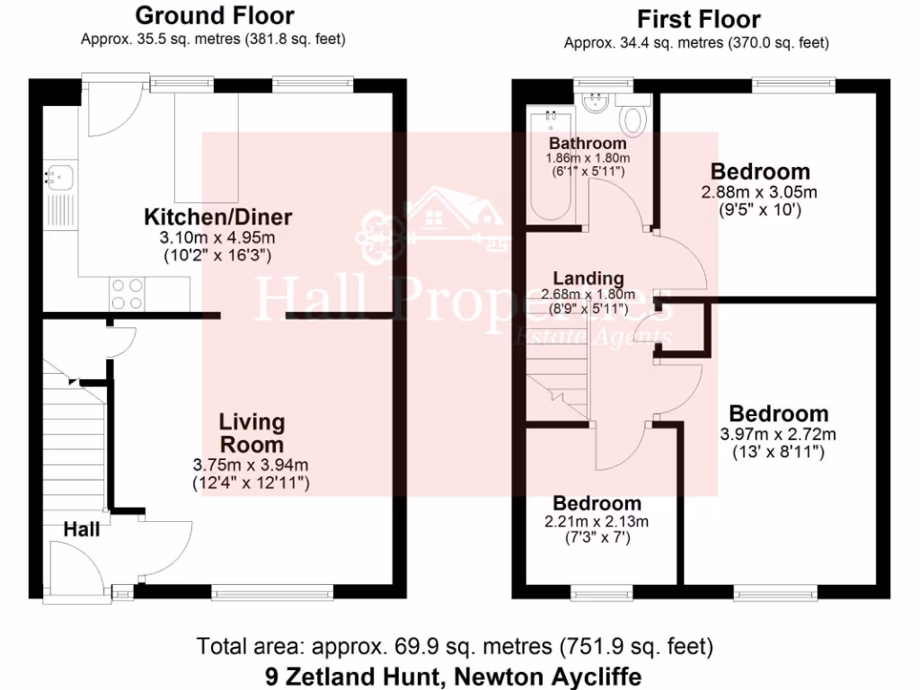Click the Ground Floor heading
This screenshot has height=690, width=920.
(214, 15)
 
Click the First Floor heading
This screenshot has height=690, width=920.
(698, 19)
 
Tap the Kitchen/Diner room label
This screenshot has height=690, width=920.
(218, 217)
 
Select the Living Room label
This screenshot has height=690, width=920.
(252, 433)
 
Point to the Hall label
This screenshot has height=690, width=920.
(82, 530)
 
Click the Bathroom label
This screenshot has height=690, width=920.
(588, 144)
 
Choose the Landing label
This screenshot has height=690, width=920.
(588, 279)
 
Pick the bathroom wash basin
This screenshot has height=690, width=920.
(593, 104)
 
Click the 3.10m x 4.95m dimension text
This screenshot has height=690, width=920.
(218, 237)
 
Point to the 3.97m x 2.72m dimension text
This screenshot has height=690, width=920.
(778, 435)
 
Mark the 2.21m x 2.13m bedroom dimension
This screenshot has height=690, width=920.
(597, 522)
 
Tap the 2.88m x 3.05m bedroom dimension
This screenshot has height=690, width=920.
(760, 192)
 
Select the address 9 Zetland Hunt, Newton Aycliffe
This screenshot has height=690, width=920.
(454, 676)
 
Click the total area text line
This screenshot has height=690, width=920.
(455, 646)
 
